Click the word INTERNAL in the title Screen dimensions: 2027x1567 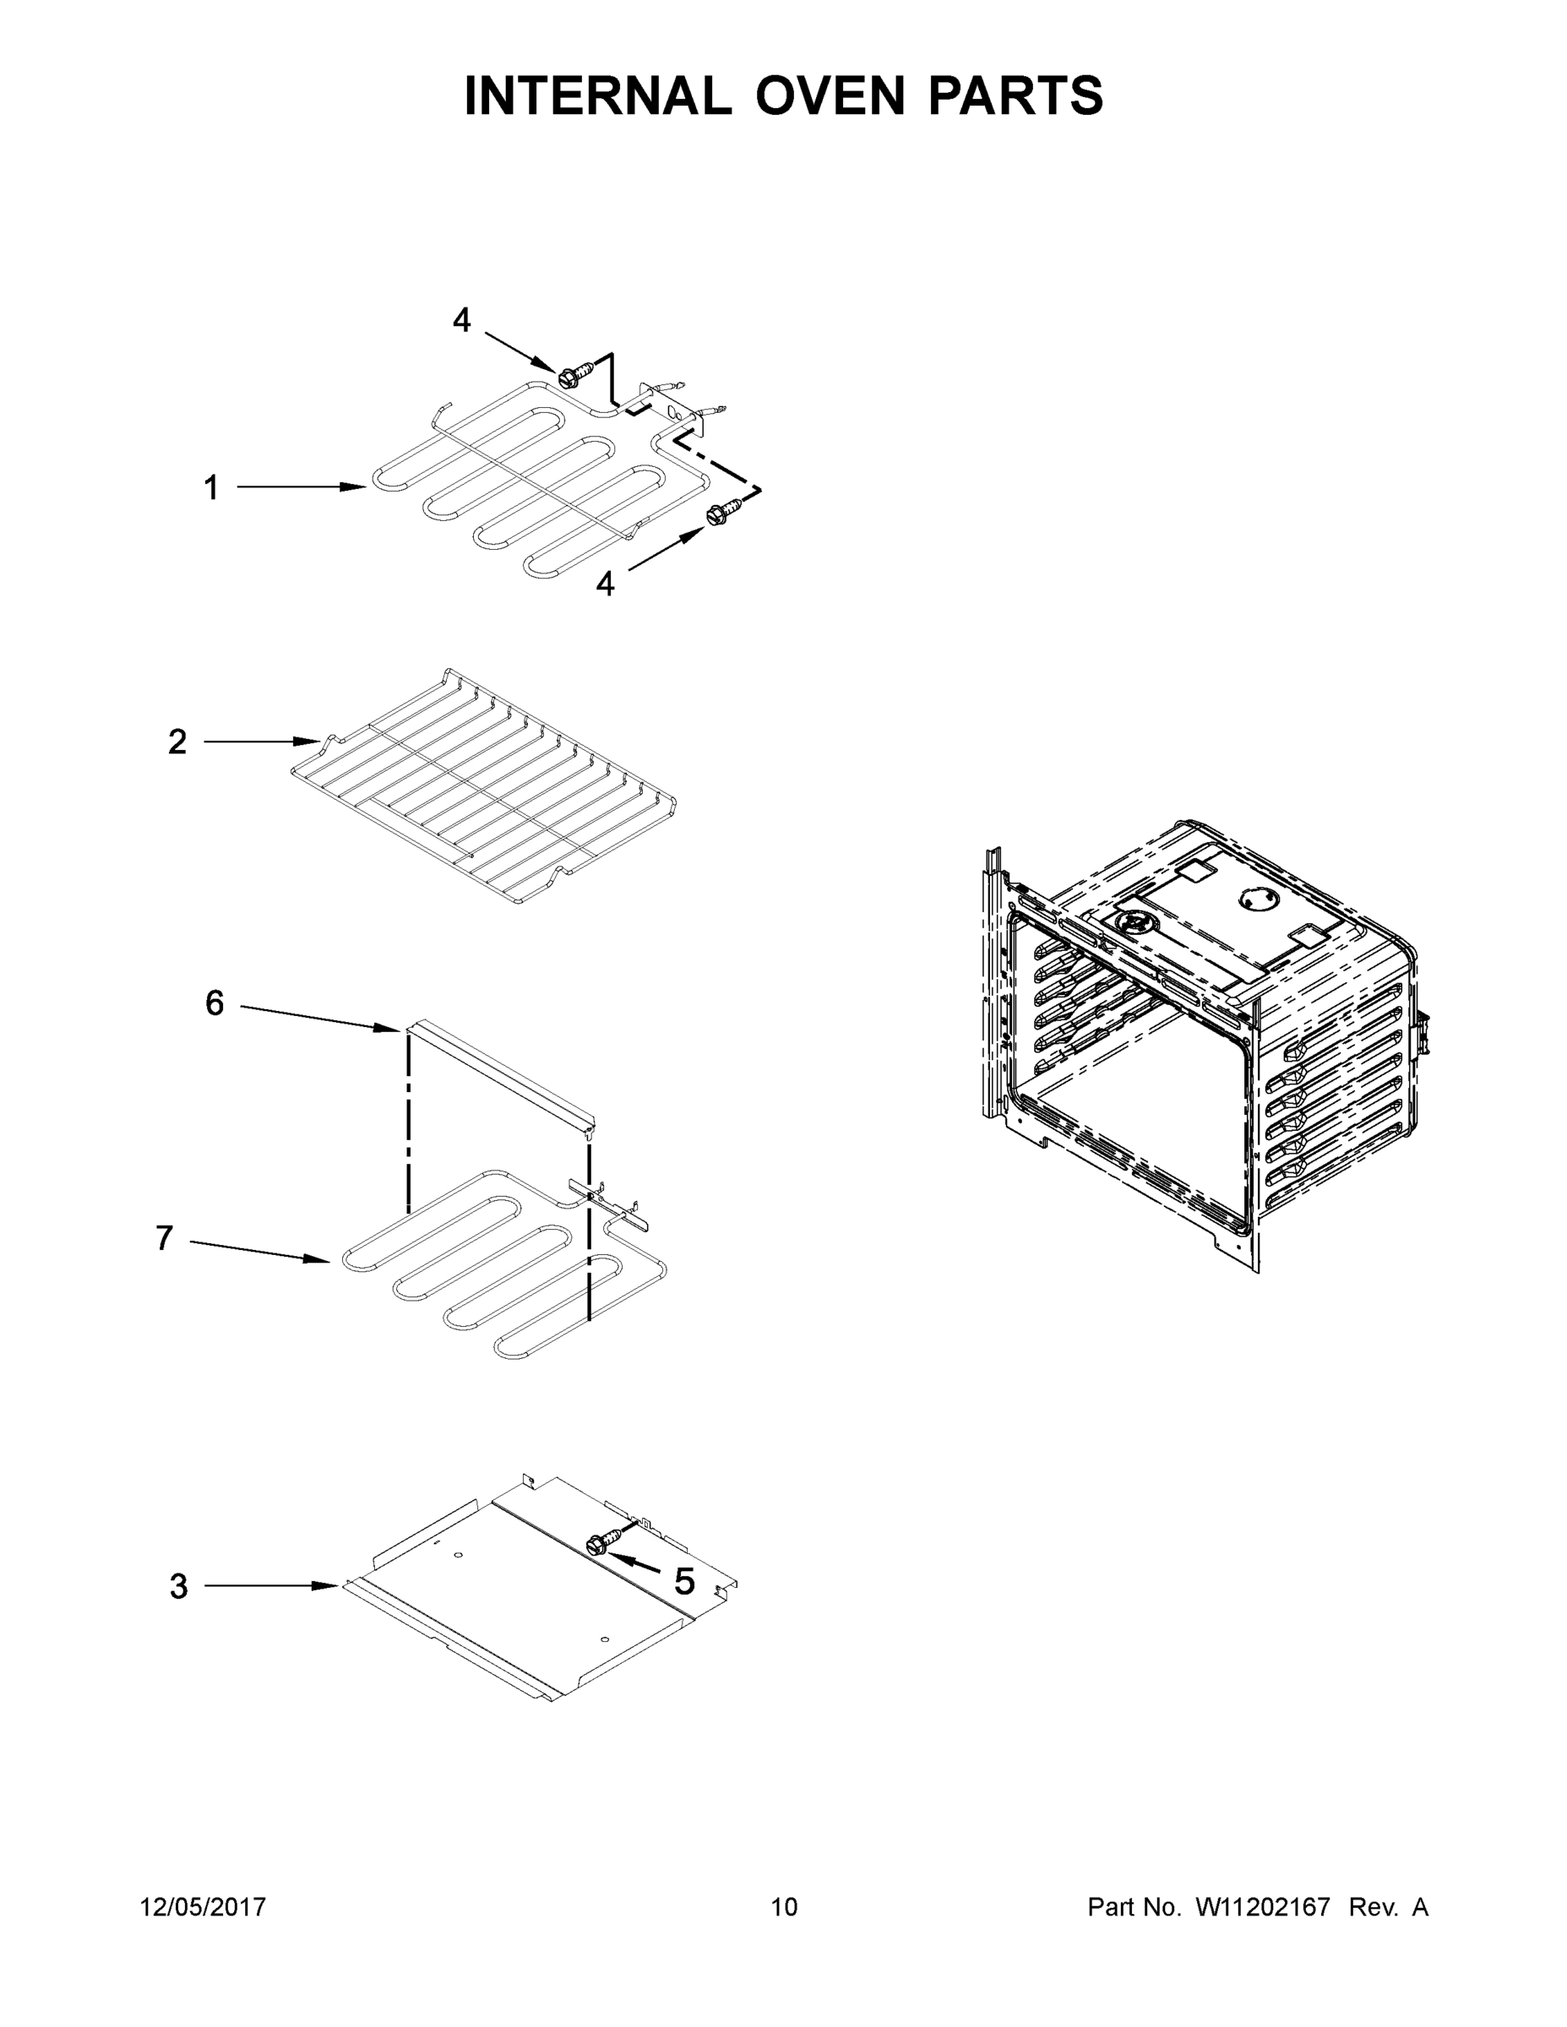point(598,95)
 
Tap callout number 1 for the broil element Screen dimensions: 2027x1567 point(212,487)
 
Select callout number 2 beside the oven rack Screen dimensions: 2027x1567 point(177,742)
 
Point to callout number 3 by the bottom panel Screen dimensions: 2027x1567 point(179,1586)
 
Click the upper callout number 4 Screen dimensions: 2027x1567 point(461,321)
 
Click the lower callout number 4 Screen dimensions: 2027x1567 point(606,584)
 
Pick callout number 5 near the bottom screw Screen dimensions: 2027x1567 point(684,1582)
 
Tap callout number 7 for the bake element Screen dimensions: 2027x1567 point(165,1238)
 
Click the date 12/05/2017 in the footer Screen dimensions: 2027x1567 point(203,1906)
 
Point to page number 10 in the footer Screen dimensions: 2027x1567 point(785,1906)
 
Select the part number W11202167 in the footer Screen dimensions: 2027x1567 point(1263,1906)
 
